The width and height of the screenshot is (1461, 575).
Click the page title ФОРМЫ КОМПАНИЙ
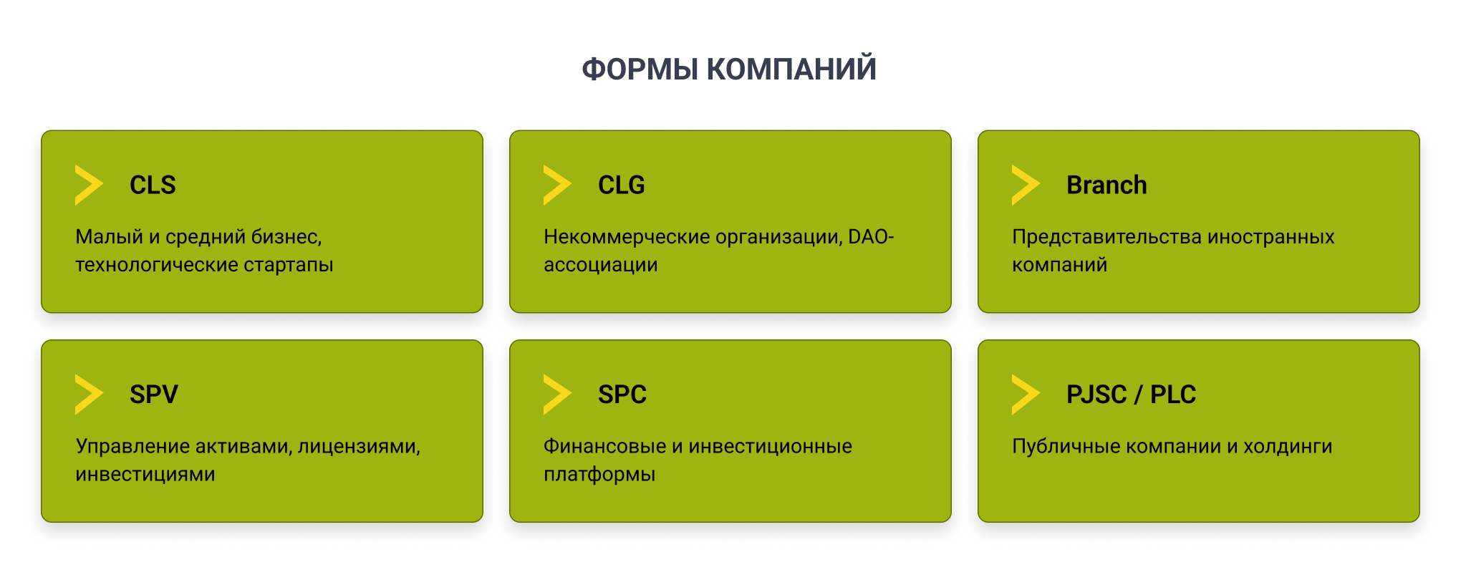click(x=729, y=69)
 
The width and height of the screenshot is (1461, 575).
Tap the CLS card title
click(x=153, y=185)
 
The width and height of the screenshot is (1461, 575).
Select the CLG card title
click(x=622, y=185)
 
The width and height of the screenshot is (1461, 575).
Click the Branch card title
click(x=1106, y=185)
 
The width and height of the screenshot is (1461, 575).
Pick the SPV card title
click(x=154, y=395)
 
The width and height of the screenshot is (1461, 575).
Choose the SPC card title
click(x=622, y=395)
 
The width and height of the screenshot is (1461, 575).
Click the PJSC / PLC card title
click(x=1131, y=395)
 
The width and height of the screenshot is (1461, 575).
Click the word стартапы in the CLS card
click(x=289, y=265)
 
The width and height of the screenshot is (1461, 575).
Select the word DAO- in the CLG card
click(x=871, y=236)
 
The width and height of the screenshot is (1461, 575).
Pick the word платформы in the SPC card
click(x=599, y=475)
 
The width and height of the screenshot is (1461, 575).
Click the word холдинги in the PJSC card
click(x=1288, y=447)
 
